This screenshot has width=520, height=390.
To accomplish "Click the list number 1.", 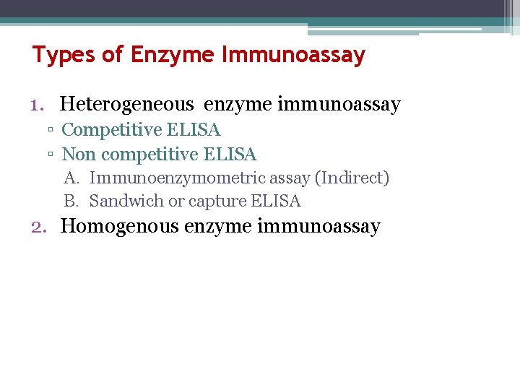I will tap(38, 105).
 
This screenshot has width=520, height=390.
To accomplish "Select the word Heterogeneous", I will tap(126, 105).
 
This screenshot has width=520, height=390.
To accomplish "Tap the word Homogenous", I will tap(119, 227).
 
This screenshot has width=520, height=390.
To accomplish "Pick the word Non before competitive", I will tap(79, 155).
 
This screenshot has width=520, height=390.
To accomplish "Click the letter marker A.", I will tap(71, 178).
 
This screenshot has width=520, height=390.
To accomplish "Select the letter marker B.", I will tap(71, 201).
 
